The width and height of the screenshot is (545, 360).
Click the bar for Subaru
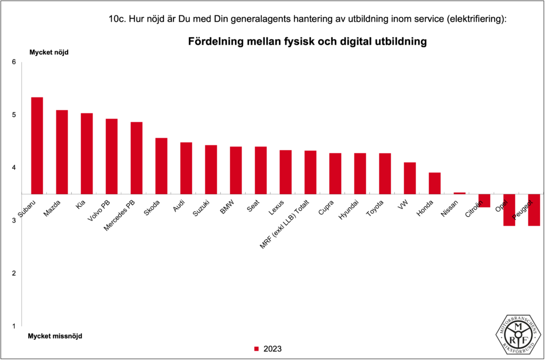pyautogui.click(x=37, y=145)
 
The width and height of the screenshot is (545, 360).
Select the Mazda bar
pyautogui.click(x=62, y=152)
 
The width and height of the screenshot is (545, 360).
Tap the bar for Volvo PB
pyautogui.click(x=112, y=156)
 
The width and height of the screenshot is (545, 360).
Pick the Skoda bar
pyautogui.click(x=161, y=166)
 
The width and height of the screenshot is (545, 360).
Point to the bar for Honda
pyautogui.click(x=435, y=183)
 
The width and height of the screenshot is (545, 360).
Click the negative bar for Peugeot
pyautogui.click(x=534, y=210)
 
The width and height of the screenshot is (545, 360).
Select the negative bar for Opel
pyautogui.click(x=509, y=210)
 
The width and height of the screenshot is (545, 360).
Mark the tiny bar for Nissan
pyautogui.click(x=459, y=193)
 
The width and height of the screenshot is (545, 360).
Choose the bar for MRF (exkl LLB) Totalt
pyautogui.click(x=310, y=172)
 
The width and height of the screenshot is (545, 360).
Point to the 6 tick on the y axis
pyautogui.click(x=14, y=62)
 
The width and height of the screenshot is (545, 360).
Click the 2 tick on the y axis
pyautogui.click(x=14, y=273)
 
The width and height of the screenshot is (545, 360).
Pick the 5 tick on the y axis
pyautogui.click(x=14, y=115)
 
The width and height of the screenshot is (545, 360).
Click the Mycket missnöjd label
pyautogui.click(x=55, y=336)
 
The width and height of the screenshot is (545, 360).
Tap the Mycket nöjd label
pyautogui.click(x=49, y=52)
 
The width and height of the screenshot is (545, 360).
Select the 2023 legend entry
pyautogui.click(x=268, y=349)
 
